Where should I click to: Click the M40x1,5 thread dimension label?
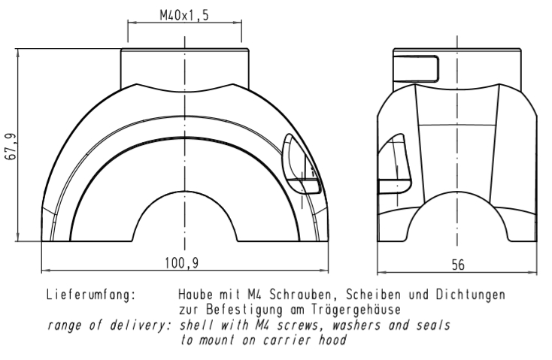point(184,16)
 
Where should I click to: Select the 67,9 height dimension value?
point(11,147)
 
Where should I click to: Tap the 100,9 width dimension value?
point(182,263)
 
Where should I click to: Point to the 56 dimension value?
point(458,265)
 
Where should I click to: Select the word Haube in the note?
point(196,295)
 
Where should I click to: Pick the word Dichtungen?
point(471,295)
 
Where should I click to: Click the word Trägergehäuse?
point(356,310)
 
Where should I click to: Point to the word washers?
point(356,325)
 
